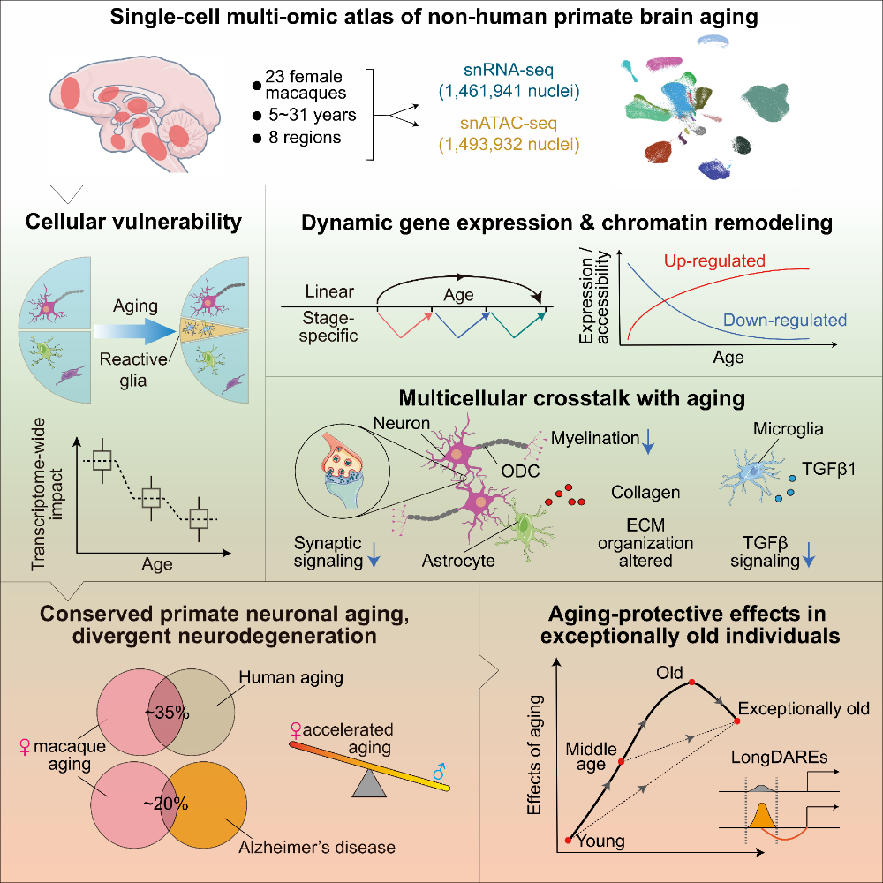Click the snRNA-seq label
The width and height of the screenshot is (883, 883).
coord(509,71)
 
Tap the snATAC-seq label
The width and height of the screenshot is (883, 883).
coord(509,123)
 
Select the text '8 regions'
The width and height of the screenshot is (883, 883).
coord(305,138)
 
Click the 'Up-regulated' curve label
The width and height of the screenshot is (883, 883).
coord(714,260)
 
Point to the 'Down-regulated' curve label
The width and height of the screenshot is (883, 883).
coord(784,320)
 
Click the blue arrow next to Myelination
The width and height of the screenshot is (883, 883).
coord(648,441)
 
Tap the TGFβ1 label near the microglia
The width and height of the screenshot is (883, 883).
coord(828,469)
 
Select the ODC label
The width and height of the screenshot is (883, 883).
coord(520,471)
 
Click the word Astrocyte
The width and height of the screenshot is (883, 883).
coord(457,561)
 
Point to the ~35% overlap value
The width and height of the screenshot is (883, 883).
coord(167,713)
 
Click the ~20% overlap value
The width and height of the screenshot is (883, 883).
coord(166,804)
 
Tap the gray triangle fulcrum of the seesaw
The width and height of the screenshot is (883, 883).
coord(369,783)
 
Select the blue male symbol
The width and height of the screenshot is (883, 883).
coord(439,771)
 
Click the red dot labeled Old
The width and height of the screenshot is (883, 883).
coord(691,682)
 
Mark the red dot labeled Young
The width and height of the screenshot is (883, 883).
coord(568,841)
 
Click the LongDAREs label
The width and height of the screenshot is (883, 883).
coord(779,758)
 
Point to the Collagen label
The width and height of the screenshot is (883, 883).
coord(645,492)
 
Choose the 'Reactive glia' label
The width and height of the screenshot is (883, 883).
coord(133,369)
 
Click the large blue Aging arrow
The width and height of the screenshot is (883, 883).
coord(135,331)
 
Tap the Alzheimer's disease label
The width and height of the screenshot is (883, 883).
coord(316,847)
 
